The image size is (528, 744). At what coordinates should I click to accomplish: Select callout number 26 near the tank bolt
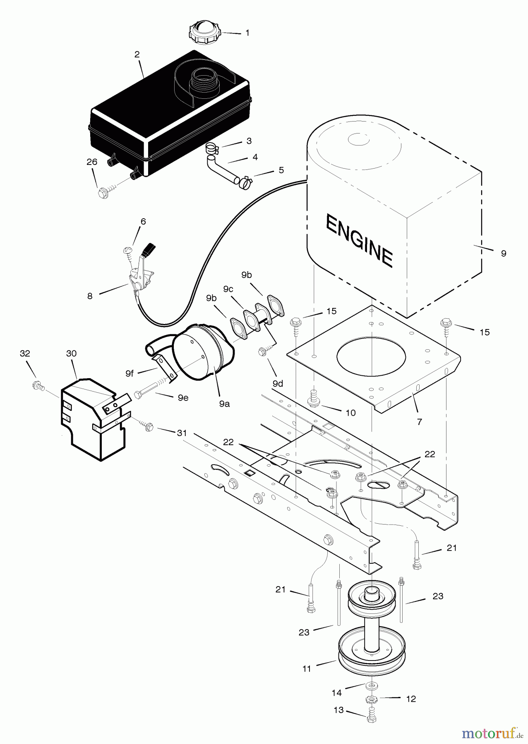(92, 162)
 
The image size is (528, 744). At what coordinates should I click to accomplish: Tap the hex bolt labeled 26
(103, 193)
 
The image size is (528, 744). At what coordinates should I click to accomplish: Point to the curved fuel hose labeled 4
(221, 169)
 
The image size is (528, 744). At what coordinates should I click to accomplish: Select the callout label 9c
(228, 289)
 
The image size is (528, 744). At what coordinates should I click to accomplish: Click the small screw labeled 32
(37, 386)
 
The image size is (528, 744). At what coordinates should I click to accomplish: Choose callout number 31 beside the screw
(182, 433)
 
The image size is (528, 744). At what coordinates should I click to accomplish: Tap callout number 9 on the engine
(503, 253)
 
